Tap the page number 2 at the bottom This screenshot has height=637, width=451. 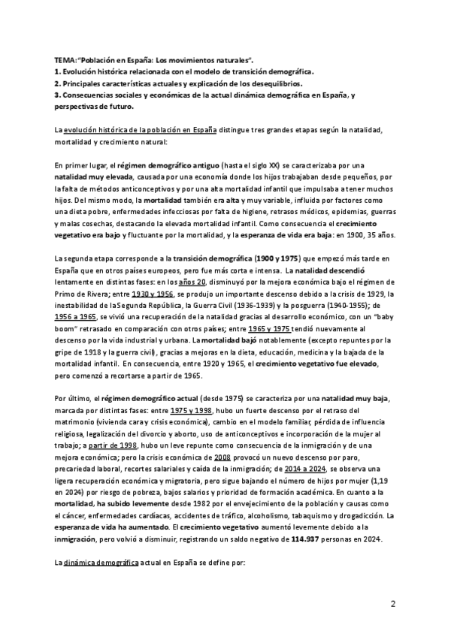pos(392,604)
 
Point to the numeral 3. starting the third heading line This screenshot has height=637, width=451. pos(59,95)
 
